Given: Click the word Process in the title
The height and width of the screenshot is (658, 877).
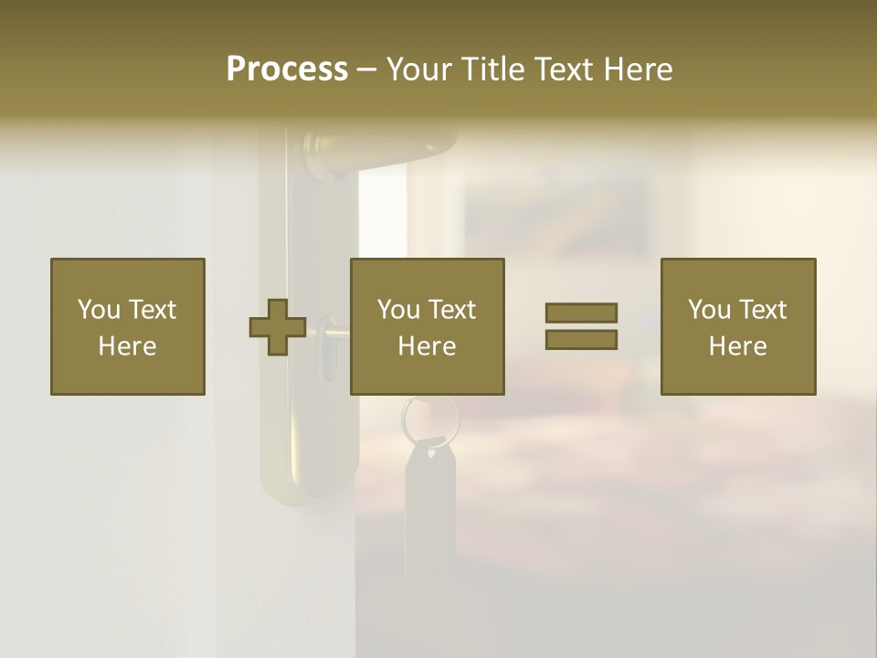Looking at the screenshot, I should pyautogui.click(x=287, y=69).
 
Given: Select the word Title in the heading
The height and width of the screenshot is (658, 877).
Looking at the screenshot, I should pyautogui.click(x=493, y=69).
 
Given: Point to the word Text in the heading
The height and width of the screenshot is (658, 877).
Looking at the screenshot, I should pyautogui.click(x=566, y=69).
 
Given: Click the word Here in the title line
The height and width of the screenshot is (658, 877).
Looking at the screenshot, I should pyautogui.click(x=639, y=69).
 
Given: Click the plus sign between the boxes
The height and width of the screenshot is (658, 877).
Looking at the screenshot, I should pyautogui.click(x=278, y=326).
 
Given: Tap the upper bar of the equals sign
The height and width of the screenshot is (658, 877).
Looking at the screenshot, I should pyautogui.click(x=581, y=313).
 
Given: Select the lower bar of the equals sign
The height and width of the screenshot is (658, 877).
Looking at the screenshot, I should pyautogui.click(x=581, y=339).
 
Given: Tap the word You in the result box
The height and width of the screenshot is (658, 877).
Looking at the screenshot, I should pyautogui.click(x=709, y=310).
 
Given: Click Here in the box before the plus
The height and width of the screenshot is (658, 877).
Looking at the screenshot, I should pyautogui.click(x=128, y=346).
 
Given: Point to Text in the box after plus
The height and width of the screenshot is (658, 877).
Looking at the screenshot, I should pyautogui.click(x=453, y=310).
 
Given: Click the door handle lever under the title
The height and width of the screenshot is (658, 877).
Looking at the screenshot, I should pyautogui.click(x=384, y=146).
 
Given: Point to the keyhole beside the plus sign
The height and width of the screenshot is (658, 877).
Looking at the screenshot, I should pyautogui.click(x=326, y=366).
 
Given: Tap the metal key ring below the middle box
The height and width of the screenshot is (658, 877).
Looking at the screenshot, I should pyautogui.click(x=429, y=416).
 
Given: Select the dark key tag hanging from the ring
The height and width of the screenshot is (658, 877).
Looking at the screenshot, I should pyautogui.click(x=429, y=493).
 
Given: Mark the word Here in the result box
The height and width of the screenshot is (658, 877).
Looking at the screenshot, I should pyautogui.click(x=738, y=346).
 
